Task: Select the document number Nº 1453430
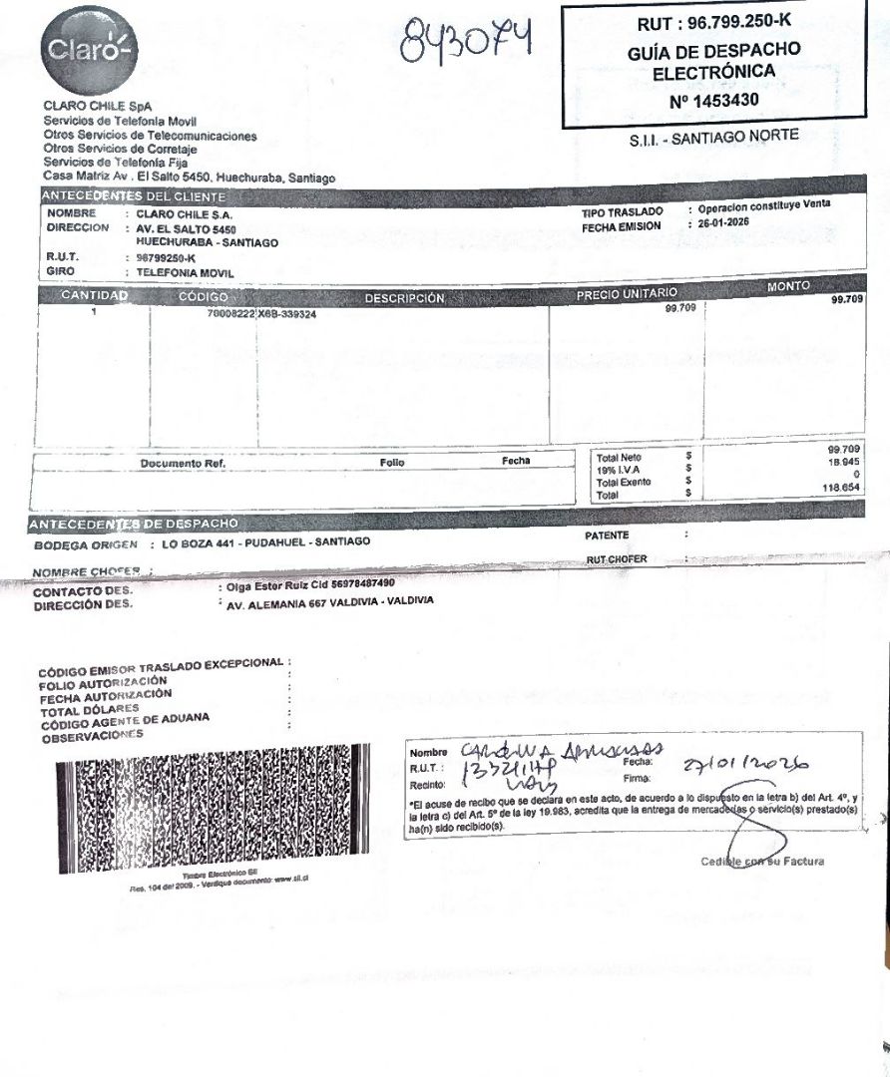pos(713,100)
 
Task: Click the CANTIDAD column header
pos(94,296)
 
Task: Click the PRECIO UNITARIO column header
pos(627,293)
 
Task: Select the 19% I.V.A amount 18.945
pos(844,463)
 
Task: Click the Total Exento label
pos(623,482)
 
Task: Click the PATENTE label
pos(607,536)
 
